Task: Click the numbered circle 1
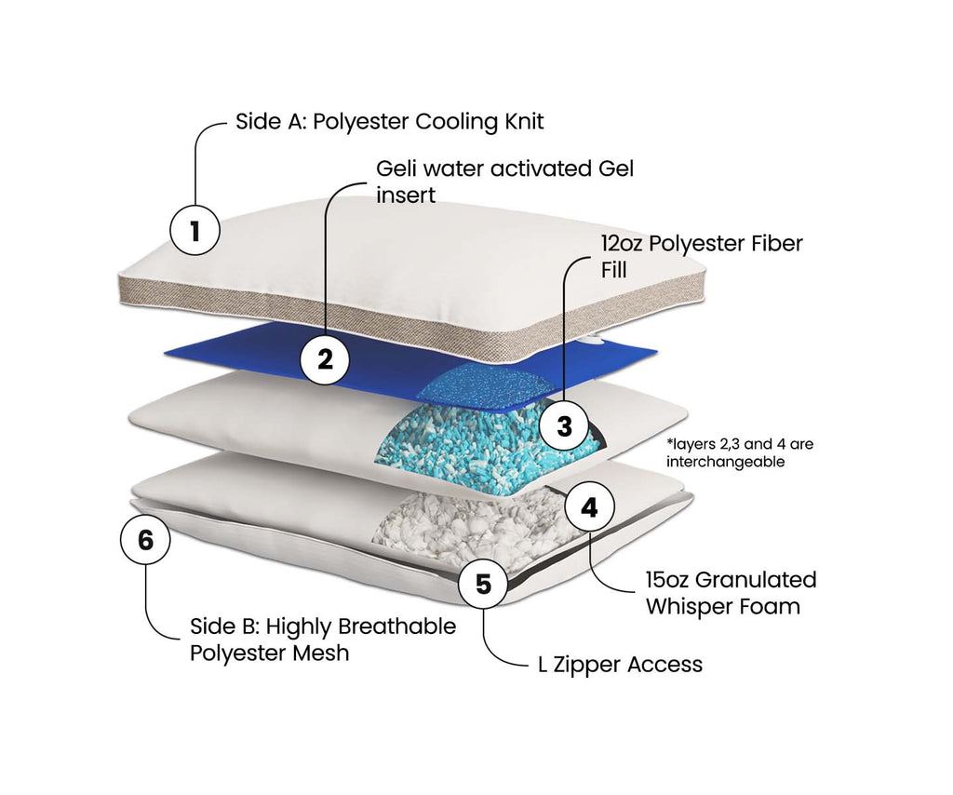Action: click(195, 230)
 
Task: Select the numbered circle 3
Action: click(564, 426)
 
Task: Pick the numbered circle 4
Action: click(589, 507)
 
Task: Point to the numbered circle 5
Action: click(482, 585)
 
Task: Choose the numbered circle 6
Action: click(145, 539)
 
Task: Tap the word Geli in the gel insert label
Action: click(395, 169)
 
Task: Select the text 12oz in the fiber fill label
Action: click(620, 244)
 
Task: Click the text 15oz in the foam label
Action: click(667, 580)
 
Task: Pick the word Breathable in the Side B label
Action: click(397, 627)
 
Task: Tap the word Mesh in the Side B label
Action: click(323, 653)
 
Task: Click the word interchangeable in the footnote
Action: click(726, 461)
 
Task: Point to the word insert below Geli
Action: click(406, 196)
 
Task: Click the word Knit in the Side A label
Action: click(524, 122)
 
